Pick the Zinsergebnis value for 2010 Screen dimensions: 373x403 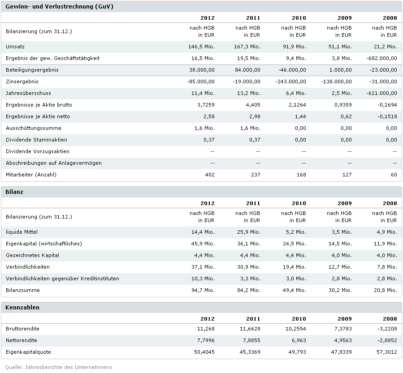tap(291, 81)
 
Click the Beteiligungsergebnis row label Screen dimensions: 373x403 tap(32, 70)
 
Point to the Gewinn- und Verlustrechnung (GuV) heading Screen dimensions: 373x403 tap(59, 7)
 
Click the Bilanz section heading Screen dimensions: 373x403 tap(14, 192)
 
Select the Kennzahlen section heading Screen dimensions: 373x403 tap(22, 308)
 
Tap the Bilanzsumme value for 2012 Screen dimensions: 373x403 tap(203, 290)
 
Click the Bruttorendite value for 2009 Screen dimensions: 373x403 tap(341, 329)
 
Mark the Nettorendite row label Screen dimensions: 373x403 tap(22, 340)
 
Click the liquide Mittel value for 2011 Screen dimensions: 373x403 tap(248, 232)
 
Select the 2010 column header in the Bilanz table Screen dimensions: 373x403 tap(299, 203)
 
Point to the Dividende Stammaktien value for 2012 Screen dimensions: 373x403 tap(209, 140)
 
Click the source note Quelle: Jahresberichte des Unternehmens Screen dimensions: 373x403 tap(59, 367)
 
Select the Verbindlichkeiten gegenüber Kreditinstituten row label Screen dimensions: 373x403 tap(63, 279)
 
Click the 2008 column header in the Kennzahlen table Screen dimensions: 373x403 tap(390, 319)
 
